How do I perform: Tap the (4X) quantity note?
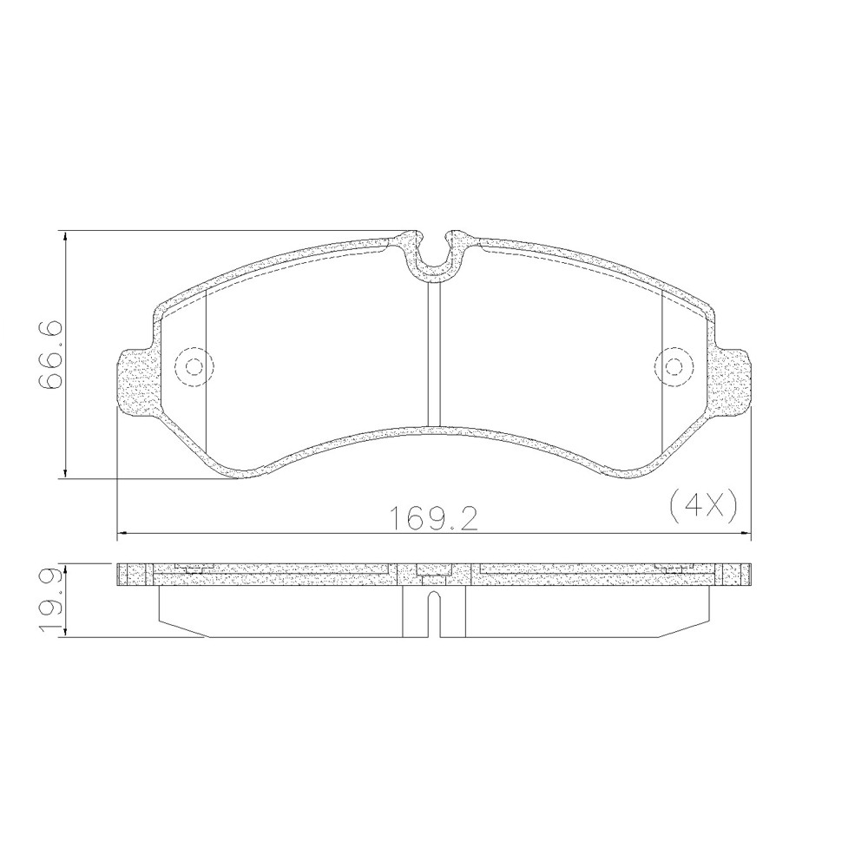coord(703,503)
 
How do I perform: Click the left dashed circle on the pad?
coord(193,366)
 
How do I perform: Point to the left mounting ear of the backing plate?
coord(133,382)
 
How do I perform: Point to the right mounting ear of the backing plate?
coord(734,382)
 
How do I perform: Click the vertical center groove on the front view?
coord(434,356)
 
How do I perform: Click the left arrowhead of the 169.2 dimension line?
coord(122,532)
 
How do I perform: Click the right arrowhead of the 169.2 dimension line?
coord(746,532)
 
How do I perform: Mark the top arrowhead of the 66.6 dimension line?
coord(66,236)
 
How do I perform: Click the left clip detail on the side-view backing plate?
coord(193,569)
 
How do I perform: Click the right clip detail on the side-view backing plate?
coord(674,569)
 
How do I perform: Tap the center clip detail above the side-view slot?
coord(433,570)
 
